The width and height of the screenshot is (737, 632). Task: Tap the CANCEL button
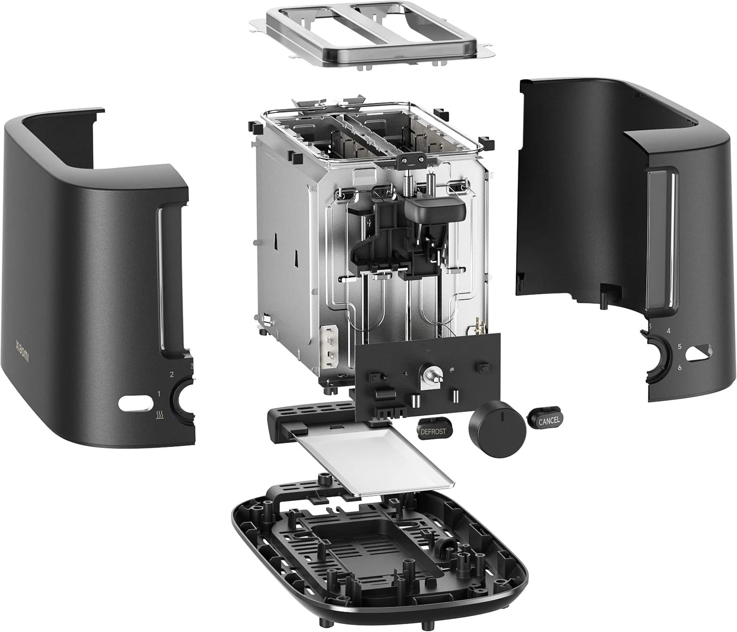[548, 420]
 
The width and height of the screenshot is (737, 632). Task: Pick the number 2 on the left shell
[172, 374]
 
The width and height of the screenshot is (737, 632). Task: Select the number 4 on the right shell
[668, 331]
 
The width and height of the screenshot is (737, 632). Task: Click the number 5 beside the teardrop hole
[680, 346]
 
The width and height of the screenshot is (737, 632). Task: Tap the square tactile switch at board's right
[483, 367]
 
